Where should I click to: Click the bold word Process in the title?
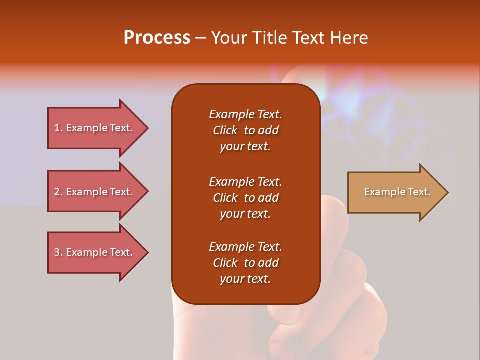(x=157, y=38)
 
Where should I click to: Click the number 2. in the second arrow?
(x=58, y=192)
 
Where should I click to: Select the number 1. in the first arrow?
(x=58, y=128)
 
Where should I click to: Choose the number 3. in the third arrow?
(x=58, y=252)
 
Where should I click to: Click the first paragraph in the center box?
(x=245, y=130)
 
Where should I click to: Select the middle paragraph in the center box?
(x=245, y=198)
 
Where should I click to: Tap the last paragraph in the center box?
(x=245, y=263)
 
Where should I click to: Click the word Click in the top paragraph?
(x=225, y=130)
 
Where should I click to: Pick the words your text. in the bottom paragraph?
(x=245, y=279)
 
